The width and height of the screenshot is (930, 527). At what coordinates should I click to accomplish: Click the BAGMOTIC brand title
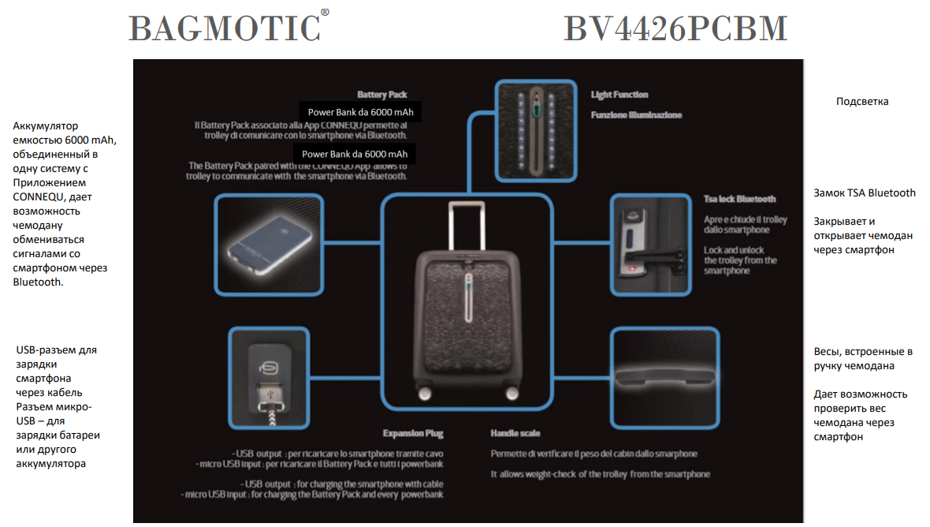(224, 28)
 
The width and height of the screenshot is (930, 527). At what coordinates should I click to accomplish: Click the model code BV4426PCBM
(675, 28)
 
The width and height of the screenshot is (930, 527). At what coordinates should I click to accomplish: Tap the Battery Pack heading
(381, 94)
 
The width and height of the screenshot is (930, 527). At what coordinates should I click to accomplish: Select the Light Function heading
(619, 95)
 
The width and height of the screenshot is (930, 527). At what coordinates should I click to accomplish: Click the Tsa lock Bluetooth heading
(739, 199)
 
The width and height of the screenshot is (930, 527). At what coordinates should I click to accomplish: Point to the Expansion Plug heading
(412, 433)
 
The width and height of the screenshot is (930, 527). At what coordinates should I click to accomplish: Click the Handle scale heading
(515, 433)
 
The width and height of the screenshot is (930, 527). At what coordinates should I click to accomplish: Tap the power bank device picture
(268, 245)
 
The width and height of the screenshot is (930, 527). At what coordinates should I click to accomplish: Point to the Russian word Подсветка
(862, 102)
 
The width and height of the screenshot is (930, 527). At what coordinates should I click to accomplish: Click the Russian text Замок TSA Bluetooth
(864, 192)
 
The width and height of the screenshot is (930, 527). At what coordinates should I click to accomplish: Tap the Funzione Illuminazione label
(637, 115)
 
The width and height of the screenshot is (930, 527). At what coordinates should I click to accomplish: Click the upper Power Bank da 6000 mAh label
(360, 112)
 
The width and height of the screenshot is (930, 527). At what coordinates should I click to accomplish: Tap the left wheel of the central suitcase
(426, 392)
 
